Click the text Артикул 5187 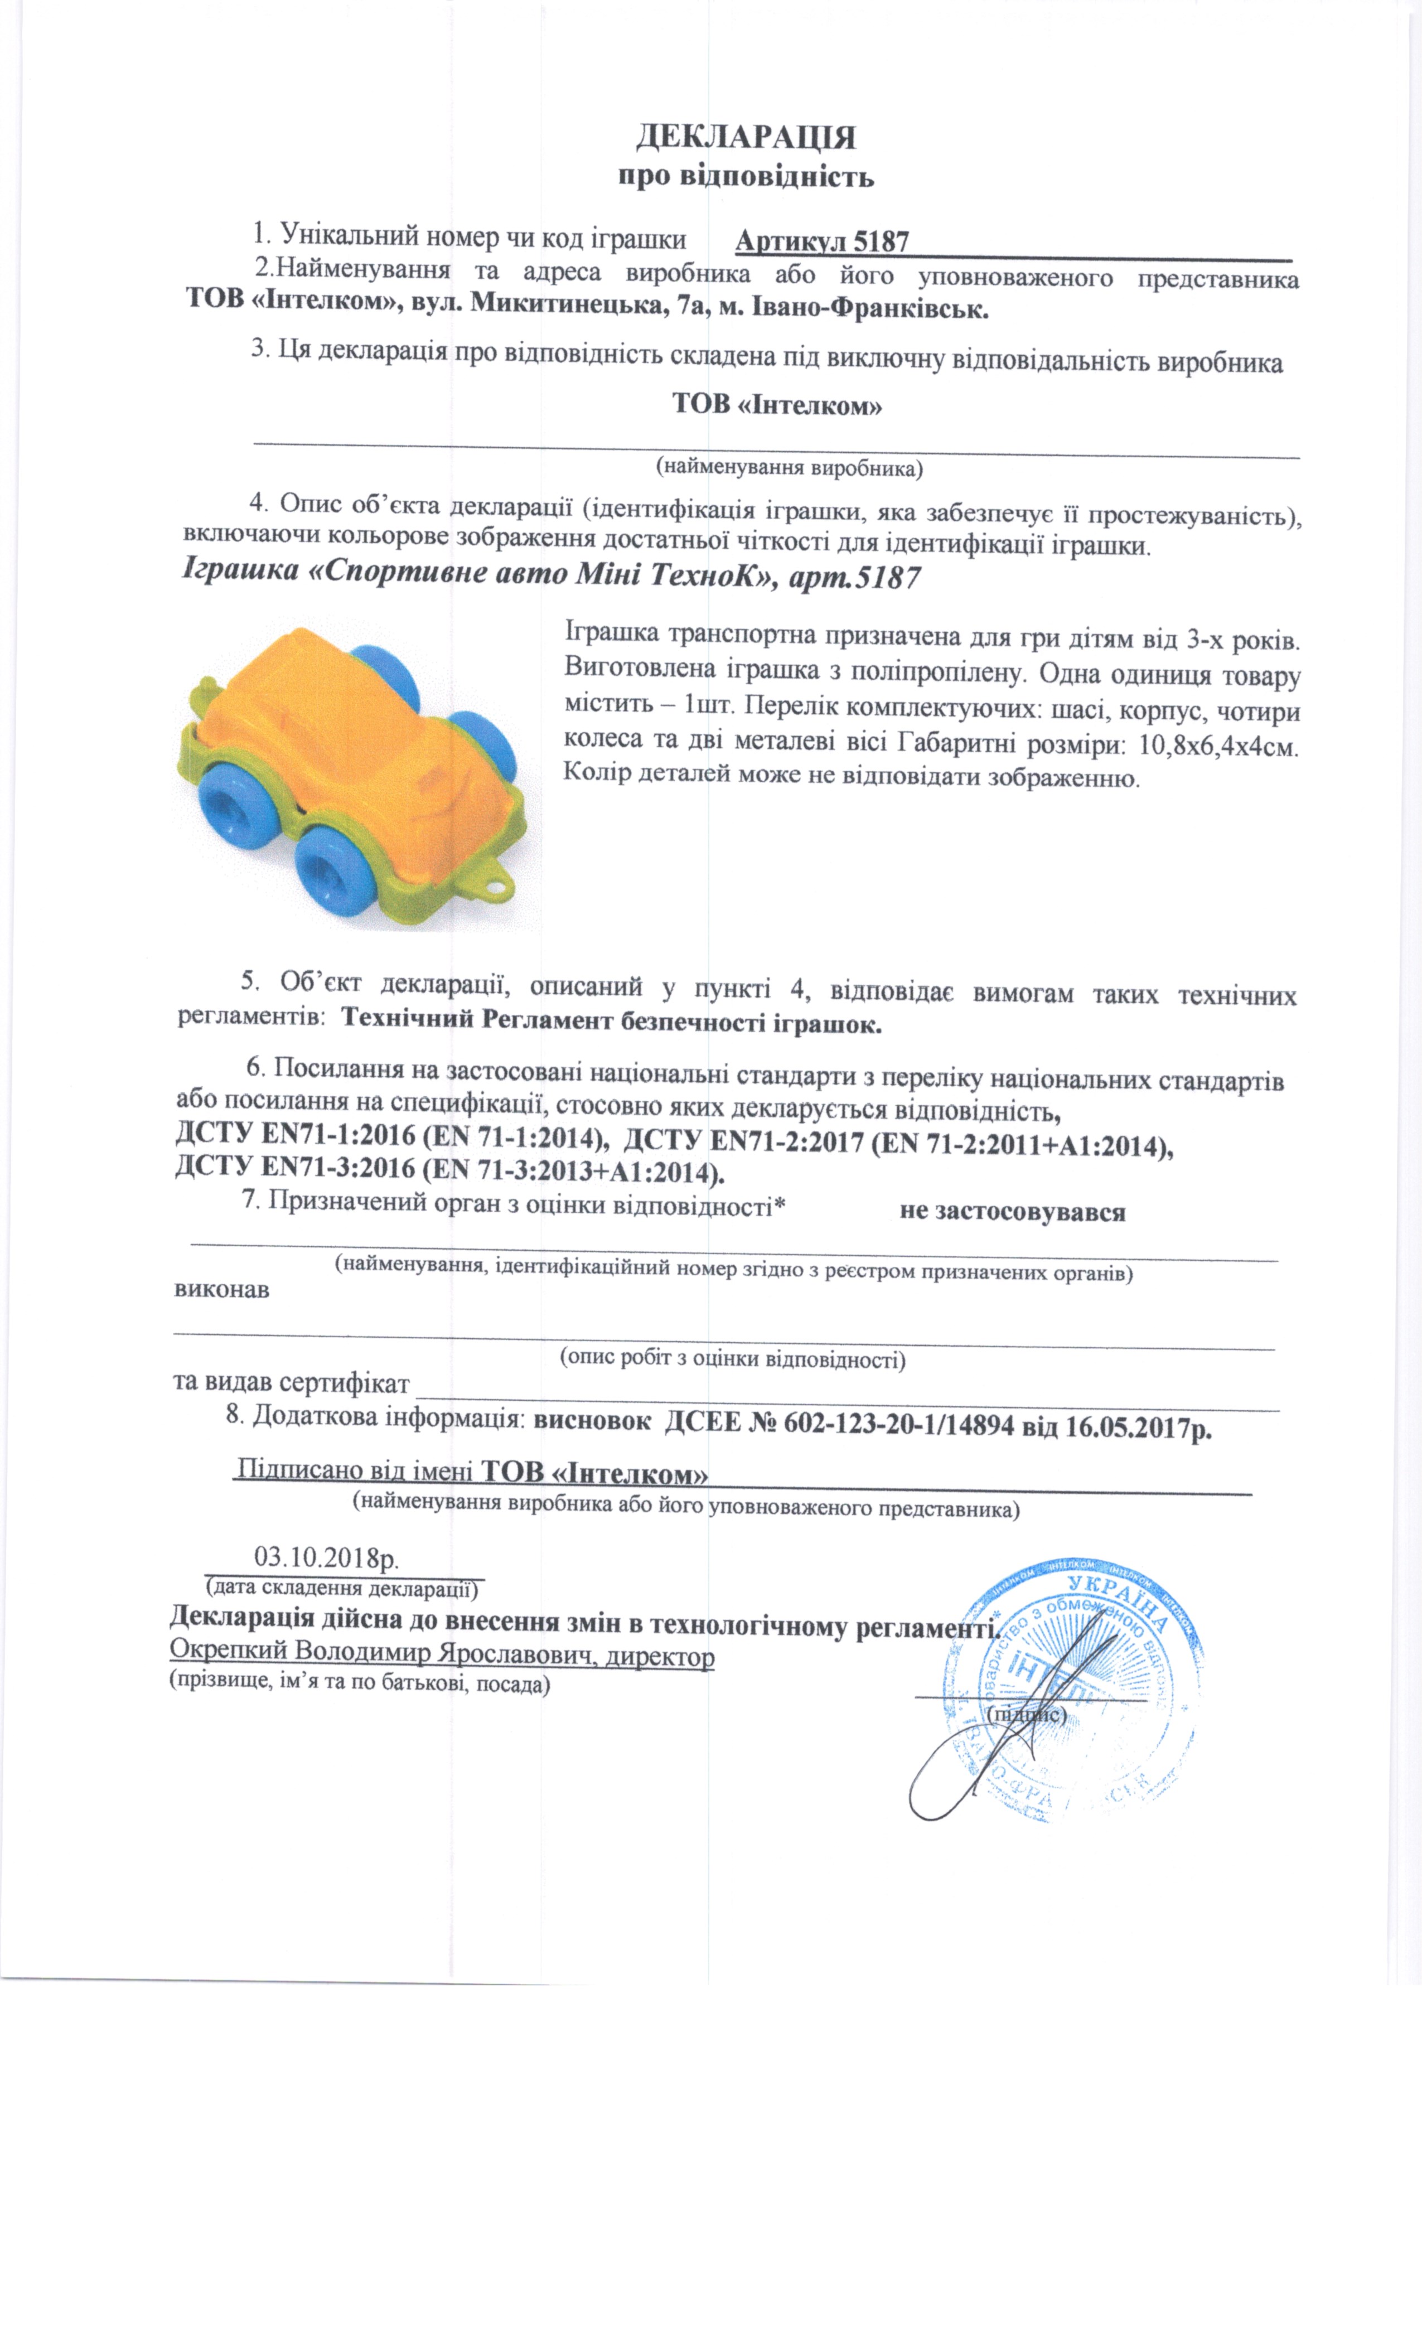[822, 243]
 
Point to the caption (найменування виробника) [789, 468]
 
